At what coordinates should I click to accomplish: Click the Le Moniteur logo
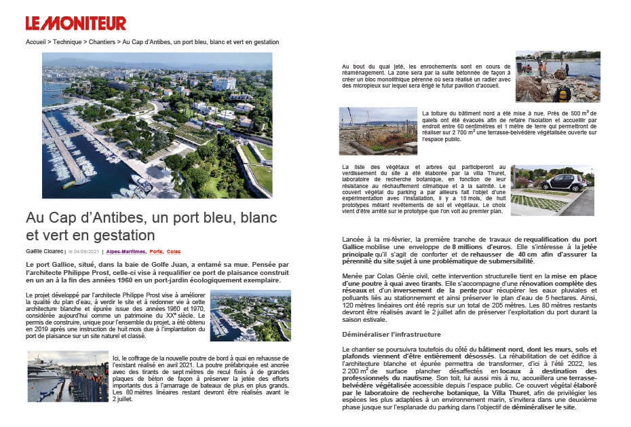(76, 23)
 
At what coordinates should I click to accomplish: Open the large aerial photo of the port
(157, 125)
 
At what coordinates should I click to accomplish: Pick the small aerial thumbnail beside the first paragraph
(250, 316)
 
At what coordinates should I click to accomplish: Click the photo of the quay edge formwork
(67, 376)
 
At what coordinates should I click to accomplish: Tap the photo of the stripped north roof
(377, 131)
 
